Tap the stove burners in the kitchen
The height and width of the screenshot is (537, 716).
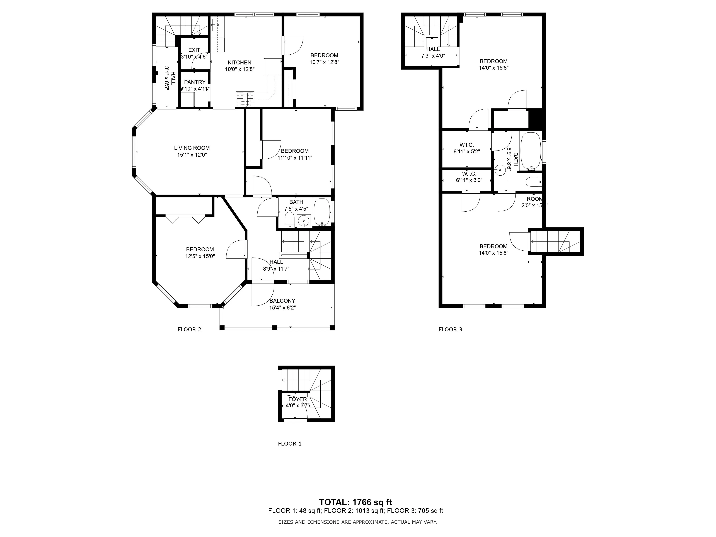[245, 99]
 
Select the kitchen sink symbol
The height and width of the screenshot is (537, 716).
[217, 25]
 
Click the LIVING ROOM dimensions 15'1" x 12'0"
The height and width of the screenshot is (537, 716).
[192, 155]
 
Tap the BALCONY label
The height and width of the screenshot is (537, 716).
[282, 301]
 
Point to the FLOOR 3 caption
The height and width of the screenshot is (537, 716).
[450, 330]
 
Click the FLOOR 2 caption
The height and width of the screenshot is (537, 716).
[189, 330]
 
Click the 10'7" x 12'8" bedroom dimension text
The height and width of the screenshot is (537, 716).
[324, 62]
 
